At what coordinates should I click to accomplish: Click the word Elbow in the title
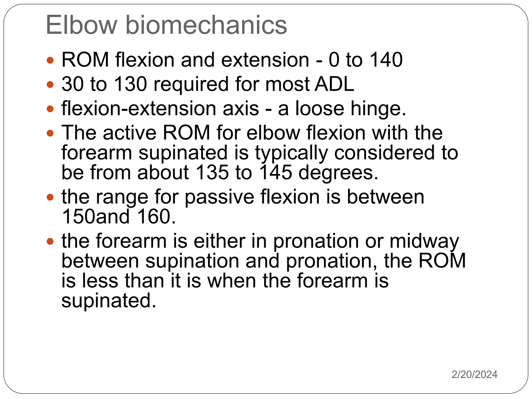tap(81, 25)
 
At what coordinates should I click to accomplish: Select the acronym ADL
tap(334, 84)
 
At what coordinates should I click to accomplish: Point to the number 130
tap(131, 84)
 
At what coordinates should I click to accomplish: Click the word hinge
tap(378, 109)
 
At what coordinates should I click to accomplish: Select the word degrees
tap(338, 173)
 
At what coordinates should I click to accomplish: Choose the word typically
tap(291, 153)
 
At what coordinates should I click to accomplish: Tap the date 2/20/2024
tap(474, 375)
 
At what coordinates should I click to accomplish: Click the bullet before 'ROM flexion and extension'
tap(50, 61)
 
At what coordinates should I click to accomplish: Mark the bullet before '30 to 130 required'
tap(50, 84)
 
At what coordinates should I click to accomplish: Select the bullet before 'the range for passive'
tap(50, 197)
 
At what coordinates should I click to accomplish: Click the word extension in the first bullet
tap(265, 60)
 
